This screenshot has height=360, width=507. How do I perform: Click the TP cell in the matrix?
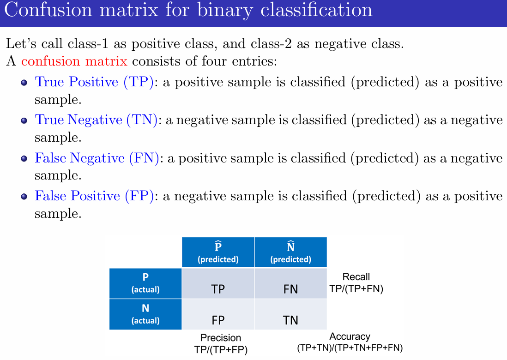(218, 284)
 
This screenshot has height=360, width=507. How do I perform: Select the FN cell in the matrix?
(290, 284)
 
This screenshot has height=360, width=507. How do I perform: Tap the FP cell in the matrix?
(218, 315)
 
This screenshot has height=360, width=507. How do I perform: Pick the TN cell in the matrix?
(290, 315)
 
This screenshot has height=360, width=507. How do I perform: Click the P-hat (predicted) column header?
(218, 252)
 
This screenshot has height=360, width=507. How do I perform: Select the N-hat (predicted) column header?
(290, 252)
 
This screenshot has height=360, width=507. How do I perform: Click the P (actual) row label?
(145, 283)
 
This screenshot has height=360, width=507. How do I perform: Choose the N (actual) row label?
(145, 314)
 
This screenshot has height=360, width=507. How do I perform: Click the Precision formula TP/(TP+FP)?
(221, 350)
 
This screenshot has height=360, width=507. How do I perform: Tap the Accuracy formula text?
(350, 348)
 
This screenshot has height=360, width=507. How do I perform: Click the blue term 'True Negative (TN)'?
(97, 120)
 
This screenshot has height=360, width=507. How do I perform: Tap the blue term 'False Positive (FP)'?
(94, 196)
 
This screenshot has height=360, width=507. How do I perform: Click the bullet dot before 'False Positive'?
(24, 197)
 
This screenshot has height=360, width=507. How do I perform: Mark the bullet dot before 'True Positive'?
(24, 83)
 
